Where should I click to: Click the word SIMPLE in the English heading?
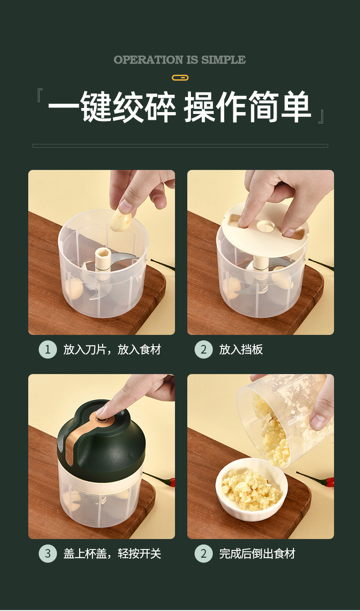coord(223,60)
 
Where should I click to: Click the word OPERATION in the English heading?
coord(149,60)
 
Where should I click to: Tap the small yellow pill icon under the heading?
coord(180,78)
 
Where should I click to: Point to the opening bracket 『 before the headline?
coord(40,95)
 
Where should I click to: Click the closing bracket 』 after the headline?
coord(321,117)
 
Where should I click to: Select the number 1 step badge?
coord(48,349)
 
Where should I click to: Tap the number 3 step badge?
coord(48,554)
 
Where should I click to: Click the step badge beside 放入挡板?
coord(203,349)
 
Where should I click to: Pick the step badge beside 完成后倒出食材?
coord(203,554)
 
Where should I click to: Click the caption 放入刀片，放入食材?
coord(112,349)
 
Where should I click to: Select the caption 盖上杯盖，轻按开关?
coord(112,554)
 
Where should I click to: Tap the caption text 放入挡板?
coord(241,349)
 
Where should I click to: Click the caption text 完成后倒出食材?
coord(257,554)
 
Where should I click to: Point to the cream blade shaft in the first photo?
coord(103,262)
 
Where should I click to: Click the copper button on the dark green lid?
coord(103,421)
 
